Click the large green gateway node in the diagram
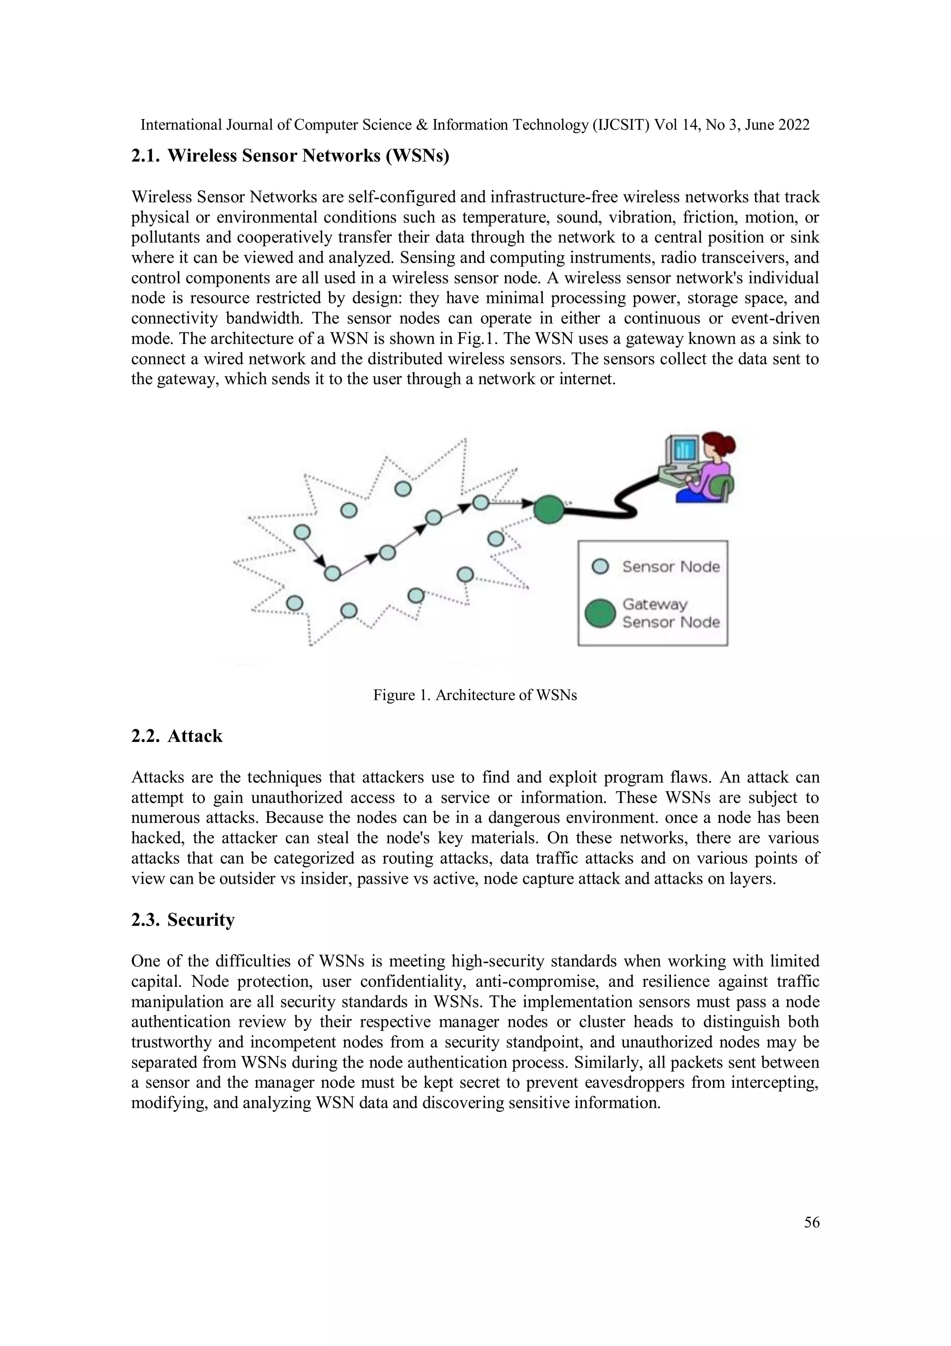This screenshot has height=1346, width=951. pos(548,508)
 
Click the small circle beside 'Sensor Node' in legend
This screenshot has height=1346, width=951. pos(600,567)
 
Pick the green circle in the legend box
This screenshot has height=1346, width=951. pos(600,613)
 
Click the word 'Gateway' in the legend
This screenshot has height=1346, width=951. pos(654,604)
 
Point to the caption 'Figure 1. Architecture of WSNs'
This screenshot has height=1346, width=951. pos(475,695)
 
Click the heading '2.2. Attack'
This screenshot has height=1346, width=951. pos(176,736)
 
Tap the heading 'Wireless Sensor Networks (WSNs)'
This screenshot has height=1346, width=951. pos(308,156)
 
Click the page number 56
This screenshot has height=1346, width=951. pos(812,1222)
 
